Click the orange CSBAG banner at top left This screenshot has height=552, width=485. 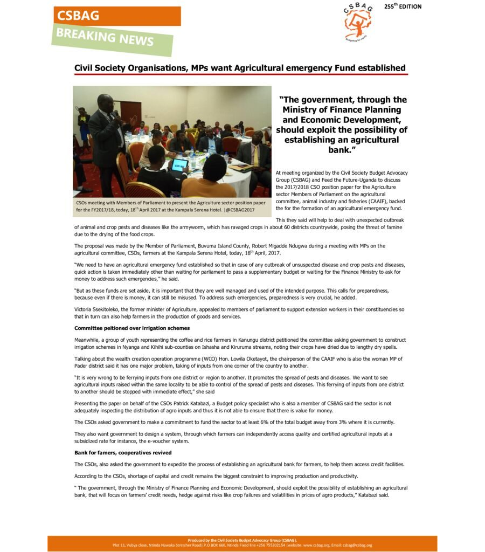pyautogui.click(x=116, y=16)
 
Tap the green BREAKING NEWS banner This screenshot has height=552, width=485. pyautogui.click(x=112, y=38)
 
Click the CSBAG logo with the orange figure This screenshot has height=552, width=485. pyautogui.click(x=357, y=22)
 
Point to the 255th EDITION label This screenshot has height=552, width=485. pyautogui.click(x=403, y=6)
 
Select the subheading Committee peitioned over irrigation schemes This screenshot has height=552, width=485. pyautogui.click(x=131, y=328)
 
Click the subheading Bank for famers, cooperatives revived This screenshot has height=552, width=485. pyautogui.click(x=123, y=452)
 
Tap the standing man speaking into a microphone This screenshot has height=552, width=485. pyautogui.click(x=105, y=140)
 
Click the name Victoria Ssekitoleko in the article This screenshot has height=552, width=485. pyautogui.click(x=95, y=309)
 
